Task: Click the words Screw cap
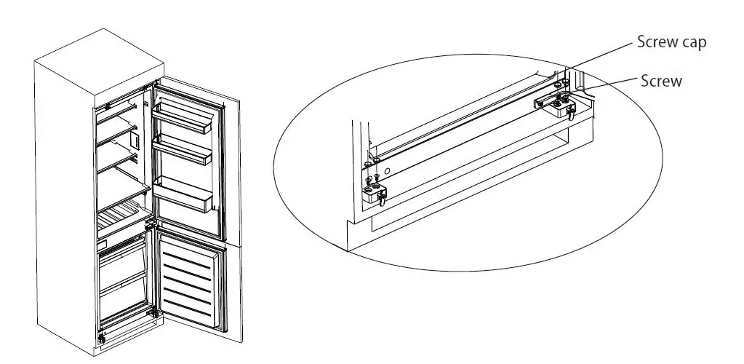point(671,42)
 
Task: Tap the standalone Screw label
point(661,81)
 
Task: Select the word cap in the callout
point(692,43)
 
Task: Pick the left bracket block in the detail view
point(375,193)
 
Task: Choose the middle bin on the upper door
point(183,151)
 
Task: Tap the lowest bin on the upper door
point(185,193)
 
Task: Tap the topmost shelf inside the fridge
point(120,109)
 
